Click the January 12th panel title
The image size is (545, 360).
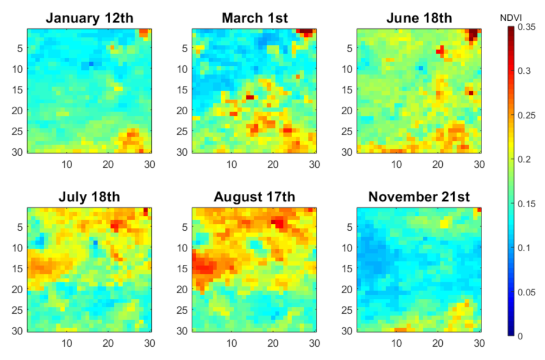tap(89, 18)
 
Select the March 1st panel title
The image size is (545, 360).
tap(255, 18)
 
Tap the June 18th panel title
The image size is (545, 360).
tap(419, 18)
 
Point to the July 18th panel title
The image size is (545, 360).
tap(89, 197)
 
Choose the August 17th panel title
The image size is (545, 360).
tap(255, 197)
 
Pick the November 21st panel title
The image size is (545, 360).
tap(419, 197)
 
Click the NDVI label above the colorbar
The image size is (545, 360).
tap(510, 18)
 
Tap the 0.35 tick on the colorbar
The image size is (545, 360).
tap(527, 27)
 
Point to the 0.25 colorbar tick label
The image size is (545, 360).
tap(527, 115)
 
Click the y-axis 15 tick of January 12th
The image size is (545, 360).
tap(17, 89)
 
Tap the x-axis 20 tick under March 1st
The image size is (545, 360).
tap(273, 164)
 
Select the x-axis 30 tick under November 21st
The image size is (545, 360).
tap(479, 343)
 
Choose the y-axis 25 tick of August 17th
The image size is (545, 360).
tap(182, 310)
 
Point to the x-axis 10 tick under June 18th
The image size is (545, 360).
tap(397, 164)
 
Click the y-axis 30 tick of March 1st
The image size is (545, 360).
tap(182, 152)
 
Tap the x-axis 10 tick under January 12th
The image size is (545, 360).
tap(67, 164)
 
